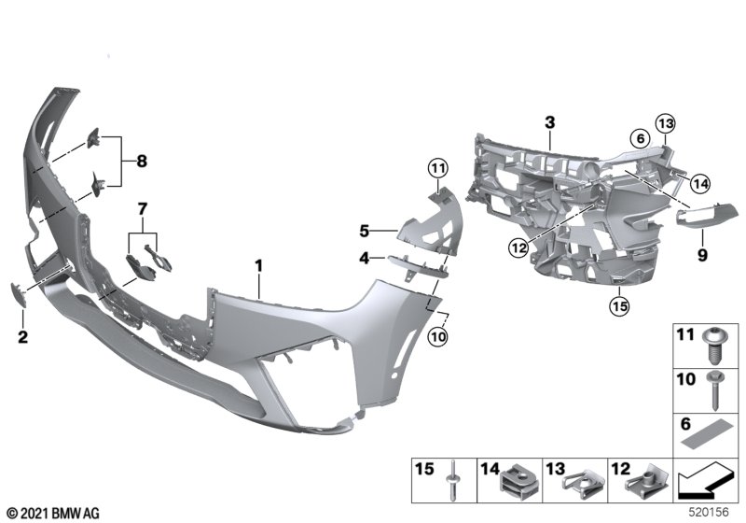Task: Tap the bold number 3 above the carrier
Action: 549,122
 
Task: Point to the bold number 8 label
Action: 142,162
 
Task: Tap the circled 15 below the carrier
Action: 615,304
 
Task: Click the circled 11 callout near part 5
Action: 438,168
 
